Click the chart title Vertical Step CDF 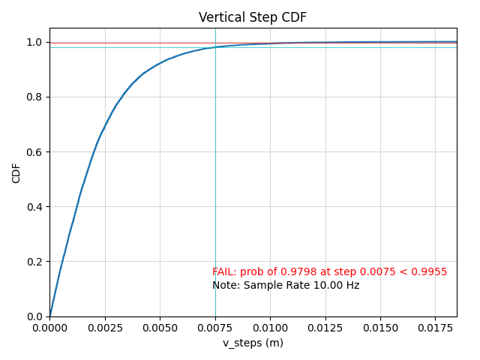click(x=253, y=17)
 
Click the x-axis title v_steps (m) click(x=253, y=343)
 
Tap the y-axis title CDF click(x=16, y=172)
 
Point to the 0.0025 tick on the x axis click(x=105, y=328)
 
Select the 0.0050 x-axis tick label click(x=160, y=328)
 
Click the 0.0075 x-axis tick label click(x=215, y=328)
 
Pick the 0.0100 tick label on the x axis click(x=270, y=328)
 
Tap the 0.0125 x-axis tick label click(x=325, y=328)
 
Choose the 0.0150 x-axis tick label click(x=379, y=328)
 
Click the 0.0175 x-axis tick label click(x=435, y=328)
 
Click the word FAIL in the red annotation click(x=223, y=272)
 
